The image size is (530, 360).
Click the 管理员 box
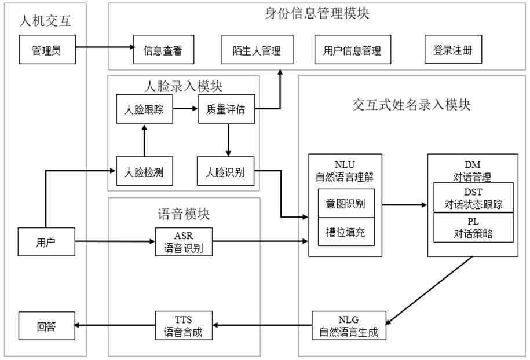point(47,50)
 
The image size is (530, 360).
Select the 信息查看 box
point(162,50)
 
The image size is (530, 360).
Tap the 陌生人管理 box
point(252,50)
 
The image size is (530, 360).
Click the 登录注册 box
point(452,50)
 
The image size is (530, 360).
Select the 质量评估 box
point(226,109)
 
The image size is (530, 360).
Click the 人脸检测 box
point(144,171)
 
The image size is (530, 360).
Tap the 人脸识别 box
point(226,171)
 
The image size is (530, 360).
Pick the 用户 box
point(47,242)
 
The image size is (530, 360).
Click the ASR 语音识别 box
point(184,242)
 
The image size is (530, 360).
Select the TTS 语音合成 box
point(184,326)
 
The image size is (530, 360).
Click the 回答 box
point(47,326)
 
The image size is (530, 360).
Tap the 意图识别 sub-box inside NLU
point(346,204)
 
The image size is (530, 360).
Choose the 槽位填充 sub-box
point(346,232)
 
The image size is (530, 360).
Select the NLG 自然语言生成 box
point(349,326)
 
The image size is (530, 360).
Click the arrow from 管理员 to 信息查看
point(104,47)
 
